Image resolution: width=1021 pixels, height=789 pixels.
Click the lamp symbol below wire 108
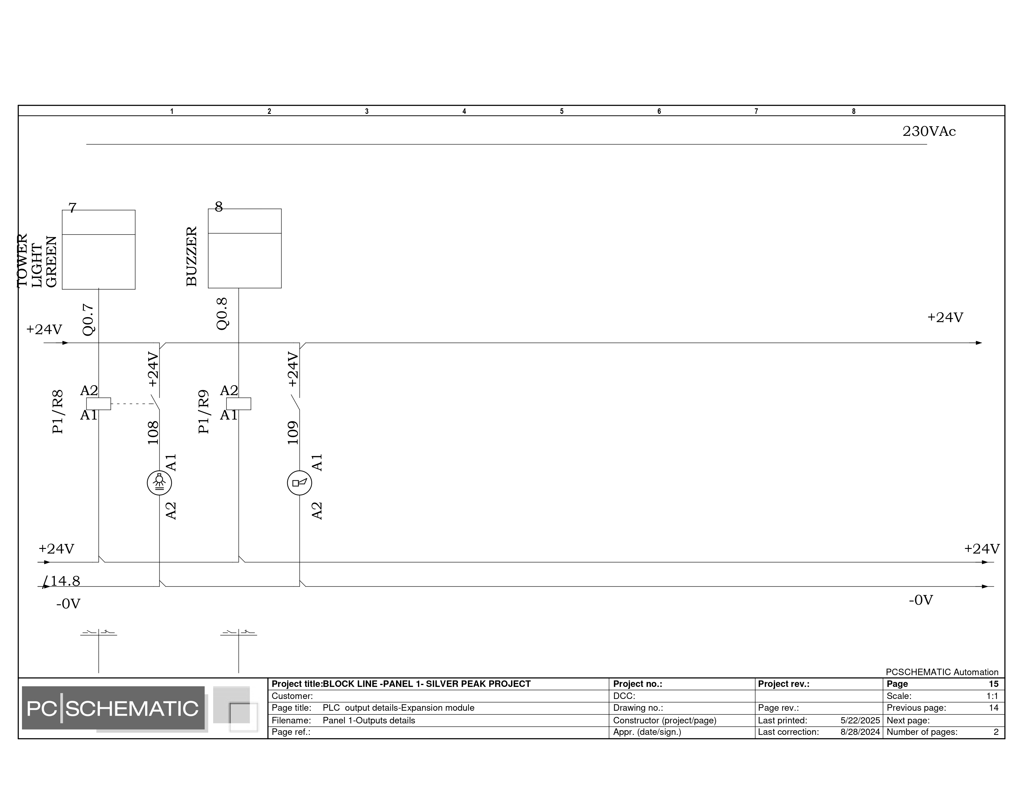(x=159, y=483)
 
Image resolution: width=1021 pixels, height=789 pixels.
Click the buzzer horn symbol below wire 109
(x=299, y=483)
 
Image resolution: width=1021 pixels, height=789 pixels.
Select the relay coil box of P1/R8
(x=99, y=404)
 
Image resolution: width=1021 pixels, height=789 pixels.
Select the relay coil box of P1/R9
(x=239, y=404)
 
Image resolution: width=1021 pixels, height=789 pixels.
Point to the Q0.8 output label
(x=222, y=314)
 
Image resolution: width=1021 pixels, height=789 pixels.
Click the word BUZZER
(x=192, y=257)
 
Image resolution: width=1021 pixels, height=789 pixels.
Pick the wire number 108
(x=153, y=433)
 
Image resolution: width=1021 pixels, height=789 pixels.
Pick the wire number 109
(x=293, y=433)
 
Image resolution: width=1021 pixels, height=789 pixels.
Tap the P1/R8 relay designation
(x=58, y=412)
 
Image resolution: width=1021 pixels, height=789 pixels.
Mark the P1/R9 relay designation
(x=203, y=412)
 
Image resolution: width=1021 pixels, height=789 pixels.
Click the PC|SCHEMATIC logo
(x=113, y=708)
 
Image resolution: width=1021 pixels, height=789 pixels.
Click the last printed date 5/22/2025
(x=860, y=720)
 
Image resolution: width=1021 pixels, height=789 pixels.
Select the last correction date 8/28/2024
(x=860, y=732)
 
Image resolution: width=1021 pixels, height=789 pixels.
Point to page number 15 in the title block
(x=993, y=684)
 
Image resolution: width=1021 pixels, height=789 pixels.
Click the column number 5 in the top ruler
(x=562, y=111)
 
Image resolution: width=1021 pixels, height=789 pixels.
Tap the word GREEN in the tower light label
(x=51, y=262)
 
